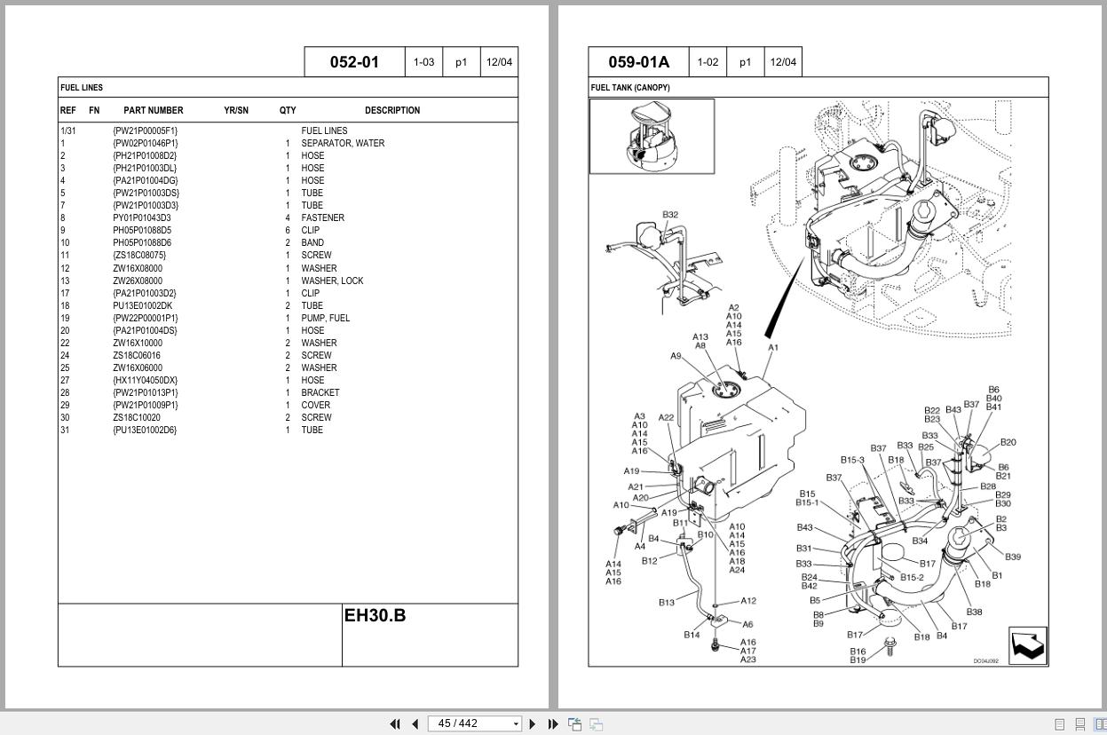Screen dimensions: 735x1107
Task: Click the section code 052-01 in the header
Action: coord(354,62)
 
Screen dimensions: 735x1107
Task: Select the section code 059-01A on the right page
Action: coord(638,62)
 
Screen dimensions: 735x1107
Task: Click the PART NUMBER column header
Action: coord(153,111)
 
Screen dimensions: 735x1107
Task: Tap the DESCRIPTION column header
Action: coord(391,111)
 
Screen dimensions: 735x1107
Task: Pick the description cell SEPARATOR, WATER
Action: coord(343,143)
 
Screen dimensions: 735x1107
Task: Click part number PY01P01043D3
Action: coord(141,217)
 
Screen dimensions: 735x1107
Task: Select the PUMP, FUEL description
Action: coord(325,318)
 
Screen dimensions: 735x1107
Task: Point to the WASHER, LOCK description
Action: coord(332,281)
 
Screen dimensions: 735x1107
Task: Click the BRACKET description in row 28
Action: coord(320,392)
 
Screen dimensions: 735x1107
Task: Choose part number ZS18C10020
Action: coord(137,417)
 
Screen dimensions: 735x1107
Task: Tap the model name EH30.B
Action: coord(375,615)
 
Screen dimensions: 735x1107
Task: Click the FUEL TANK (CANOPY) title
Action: coord(630,88)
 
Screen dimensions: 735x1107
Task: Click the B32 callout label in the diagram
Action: coord(670,215)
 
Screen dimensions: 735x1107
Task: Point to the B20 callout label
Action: coord(1008,442)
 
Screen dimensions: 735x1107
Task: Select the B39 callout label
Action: coord(1013,557)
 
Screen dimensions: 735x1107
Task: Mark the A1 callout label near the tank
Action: coord(772,348)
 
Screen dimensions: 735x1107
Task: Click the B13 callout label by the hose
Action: coord(667,603)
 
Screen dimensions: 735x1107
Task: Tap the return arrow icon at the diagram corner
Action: coord(1028,645)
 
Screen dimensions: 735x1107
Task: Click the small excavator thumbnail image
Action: coord(652,136)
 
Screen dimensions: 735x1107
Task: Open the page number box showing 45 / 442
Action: coord(473,723)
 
